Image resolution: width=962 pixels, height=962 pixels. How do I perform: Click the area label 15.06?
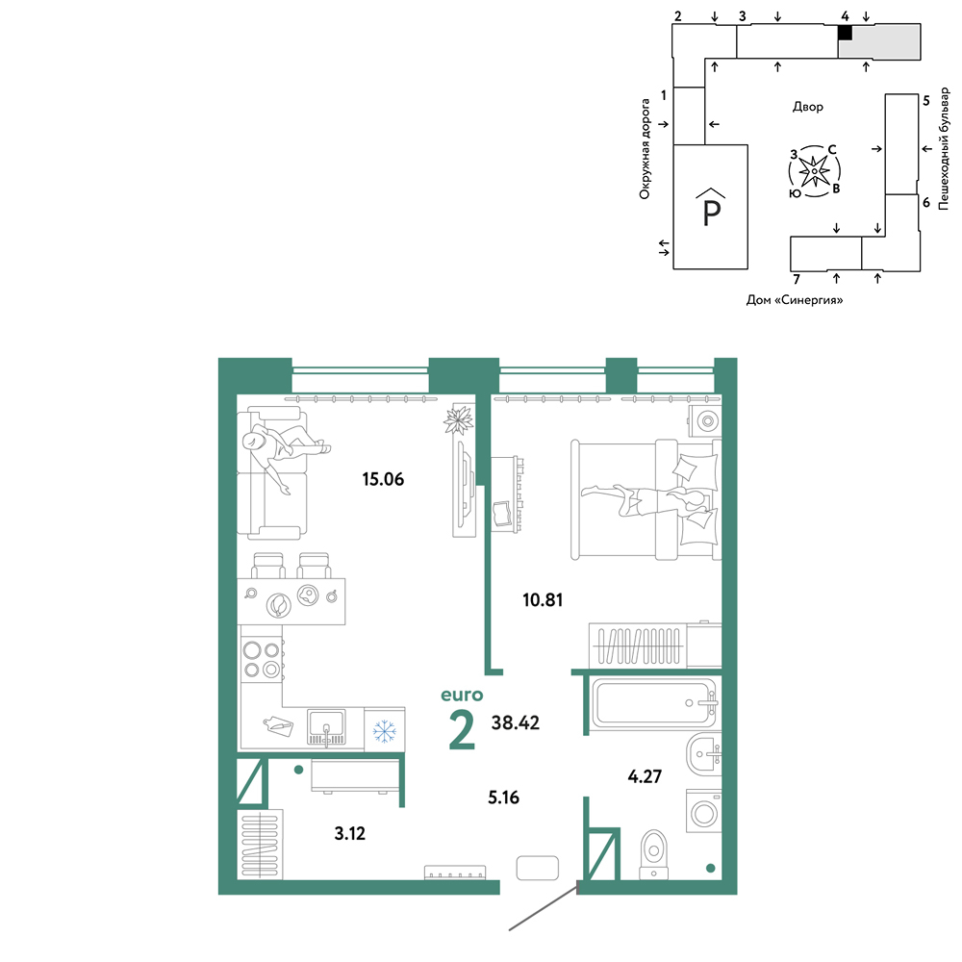[383, 479]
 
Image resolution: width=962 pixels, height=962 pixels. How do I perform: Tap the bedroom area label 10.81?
[543, 599]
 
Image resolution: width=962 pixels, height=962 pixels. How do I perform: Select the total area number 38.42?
[516, 722]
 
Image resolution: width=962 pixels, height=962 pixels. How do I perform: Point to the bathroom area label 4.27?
[645, 776]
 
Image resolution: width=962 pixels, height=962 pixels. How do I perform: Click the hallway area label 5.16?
[504, 797]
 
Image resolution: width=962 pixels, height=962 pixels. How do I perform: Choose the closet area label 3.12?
[350, 834]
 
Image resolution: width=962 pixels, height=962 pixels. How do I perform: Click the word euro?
[462, 696]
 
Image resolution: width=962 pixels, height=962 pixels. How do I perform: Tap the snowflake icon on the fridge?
[385, 731]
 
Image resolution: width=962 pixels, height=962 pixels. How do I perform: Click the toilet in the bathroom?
[653, 854]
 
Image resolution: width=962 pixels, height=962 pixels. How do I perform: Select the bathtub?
[654, 703]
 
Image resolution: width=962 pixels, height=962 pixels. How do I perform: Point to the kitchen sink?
[326, 727]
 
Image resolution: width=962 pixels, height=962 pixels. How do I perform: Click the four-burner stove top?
[262, 660]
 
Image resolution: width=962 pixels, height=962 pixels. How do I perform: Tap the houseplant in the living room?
[458, 420]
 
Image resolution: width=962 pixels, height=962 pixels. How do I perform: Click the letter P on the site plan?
[711, 213]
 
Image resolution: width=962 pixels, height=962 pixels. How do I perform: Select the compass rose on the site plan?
[814, 171]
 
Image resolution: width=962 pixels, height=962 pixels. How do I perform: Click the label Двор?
[807, 107]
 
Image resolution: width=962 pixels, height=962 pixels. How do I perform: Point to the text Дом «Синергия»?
[795, 300]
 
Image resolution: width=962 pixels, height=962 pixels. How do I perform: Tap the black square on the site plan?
[846, 33]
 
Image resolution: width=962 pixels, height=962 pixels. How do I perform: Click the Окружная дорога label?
[645, 149]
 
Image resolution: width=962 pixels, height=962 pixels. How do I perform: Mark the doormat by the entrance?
[538, 868]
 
